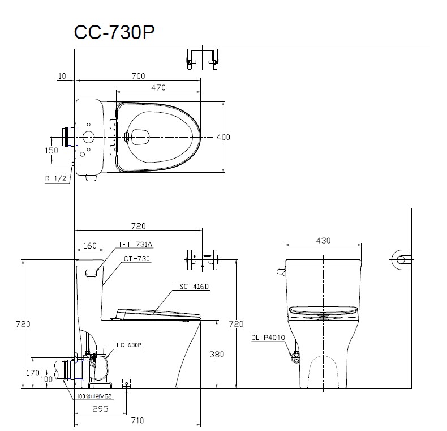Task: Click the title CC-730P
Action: [x=114, y=32]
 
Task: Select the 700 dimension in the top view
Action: [x=138, y=75]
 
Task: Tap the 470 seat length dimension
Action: [x=158, y=87]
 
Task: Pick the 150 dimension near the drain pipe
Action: [x=51, y=150]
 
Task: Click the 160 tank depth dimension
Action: [x=89, y=246]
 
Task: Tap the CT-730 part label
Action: [x=137, y=258]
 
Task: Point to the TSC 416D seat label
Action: [x=193, y=287]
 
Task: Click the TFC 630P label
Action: [x=127, y=344]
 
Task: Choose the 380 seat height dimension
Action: [x=217, y=355]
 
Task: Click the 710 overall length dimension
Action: [x=138, y=420]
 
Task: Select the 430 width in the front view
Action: [x=323, y=240]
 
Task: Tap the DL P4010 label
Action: [x=268, y=338]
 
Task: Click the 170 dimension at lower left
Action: [x=33, y=373]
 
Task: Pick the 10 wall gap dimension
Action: [x=62, y=75]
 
